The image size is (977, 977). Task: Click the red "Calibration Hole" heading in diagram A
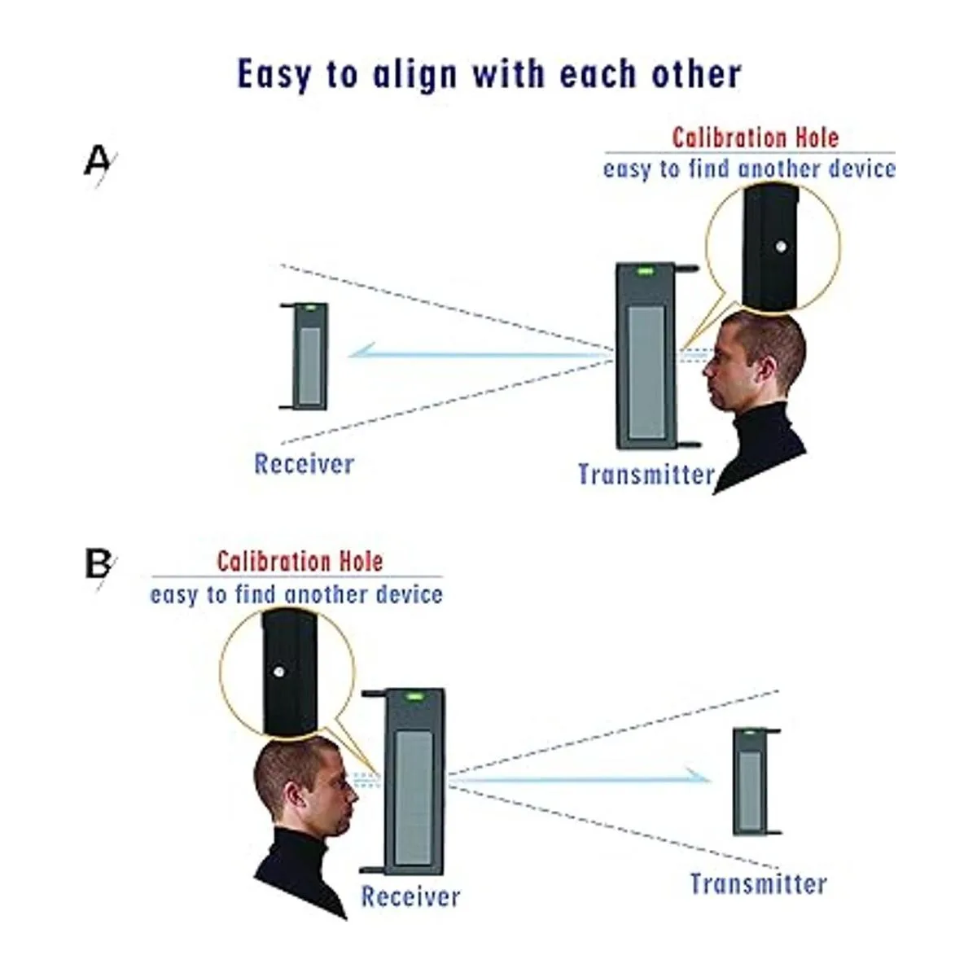pos(755,138)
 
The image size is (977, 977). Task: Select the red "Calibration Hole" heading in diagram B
pos(300,561)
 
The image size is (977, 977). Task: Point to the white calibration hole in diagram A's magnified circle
pos(781,246)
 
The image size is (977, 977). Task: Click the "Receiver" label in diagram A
pos(304,464)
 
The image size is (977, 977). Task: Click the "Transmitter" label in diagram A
pos(646,474)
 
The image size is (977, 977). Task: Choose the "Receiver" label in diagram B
pos(410,896)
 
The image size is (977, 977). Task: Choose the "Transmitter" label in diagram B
pos(758,883)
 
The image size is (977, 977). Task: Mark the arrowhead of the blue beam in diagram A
pos(358,353)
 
